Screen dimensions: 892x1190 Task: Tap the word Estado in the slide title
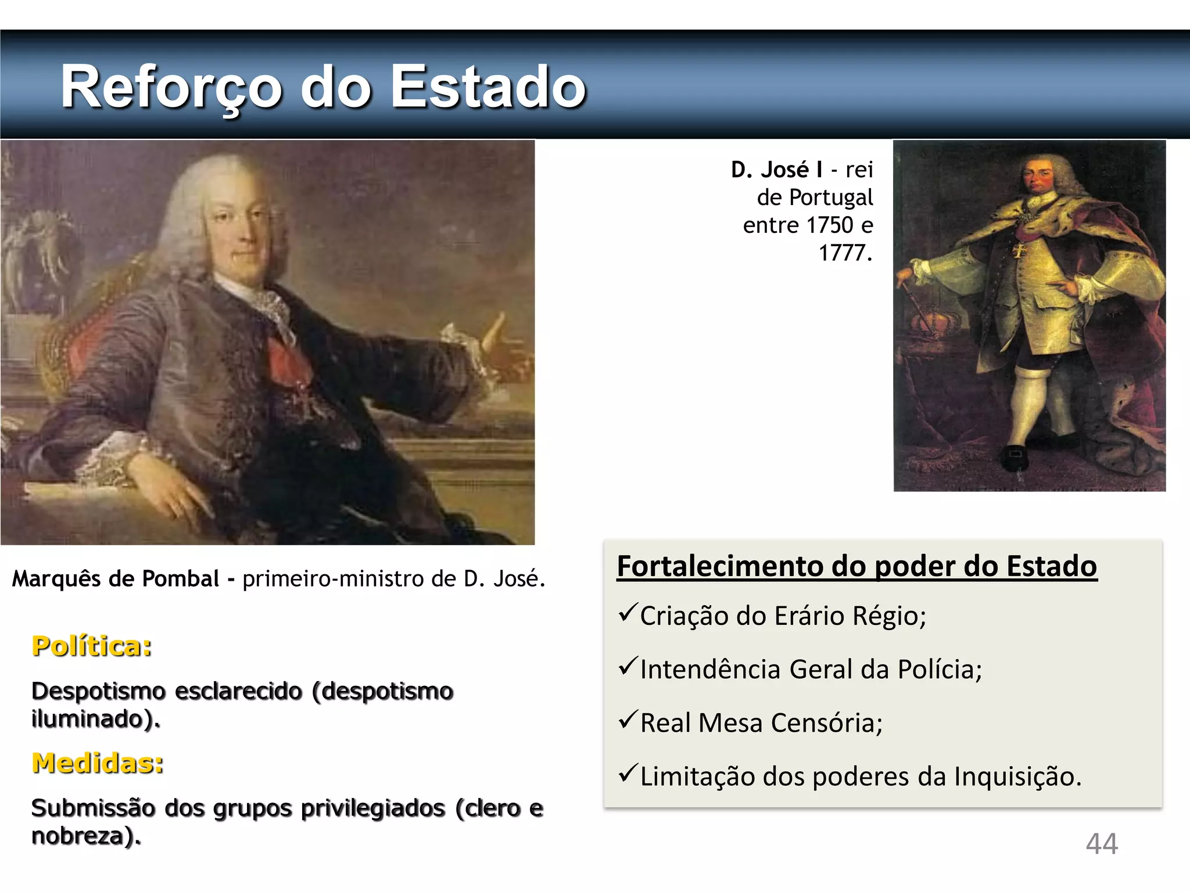pyautogui.click(x=488, y=87)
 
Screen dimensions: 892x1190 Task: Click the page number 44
pyautogui.click(x=1102, y=844)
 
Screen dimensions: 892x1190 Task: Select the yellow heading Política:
pyautogui.click(x=92, y=646)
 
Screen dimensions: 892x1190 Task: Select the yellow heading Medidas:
pyautogui.click(x=98, y=763)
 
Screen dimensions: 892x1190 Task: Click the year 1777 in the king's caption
pyautogui.click(x=844, y=253)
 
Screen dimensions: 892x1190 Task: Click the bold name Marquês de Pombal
pyautogui.click(x=116, y=579)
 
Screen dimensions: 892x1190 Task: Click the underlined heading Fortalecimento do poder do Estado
pyautogui.click(x=856, y=566)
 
